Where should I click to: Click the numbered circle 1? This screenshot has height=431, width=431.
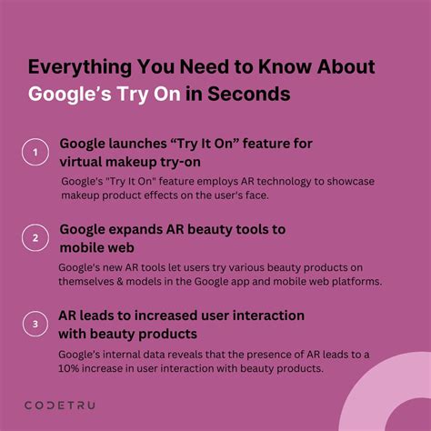click(x=35, y=153)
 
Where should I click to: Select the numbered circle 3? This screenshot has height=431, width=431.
click(x=35, y=323)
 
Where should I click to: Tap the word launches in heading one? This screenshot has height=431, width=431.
click(x=140, y=145)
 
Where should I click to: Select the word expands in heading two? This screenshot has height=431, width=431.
click(x=141, y=229)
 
